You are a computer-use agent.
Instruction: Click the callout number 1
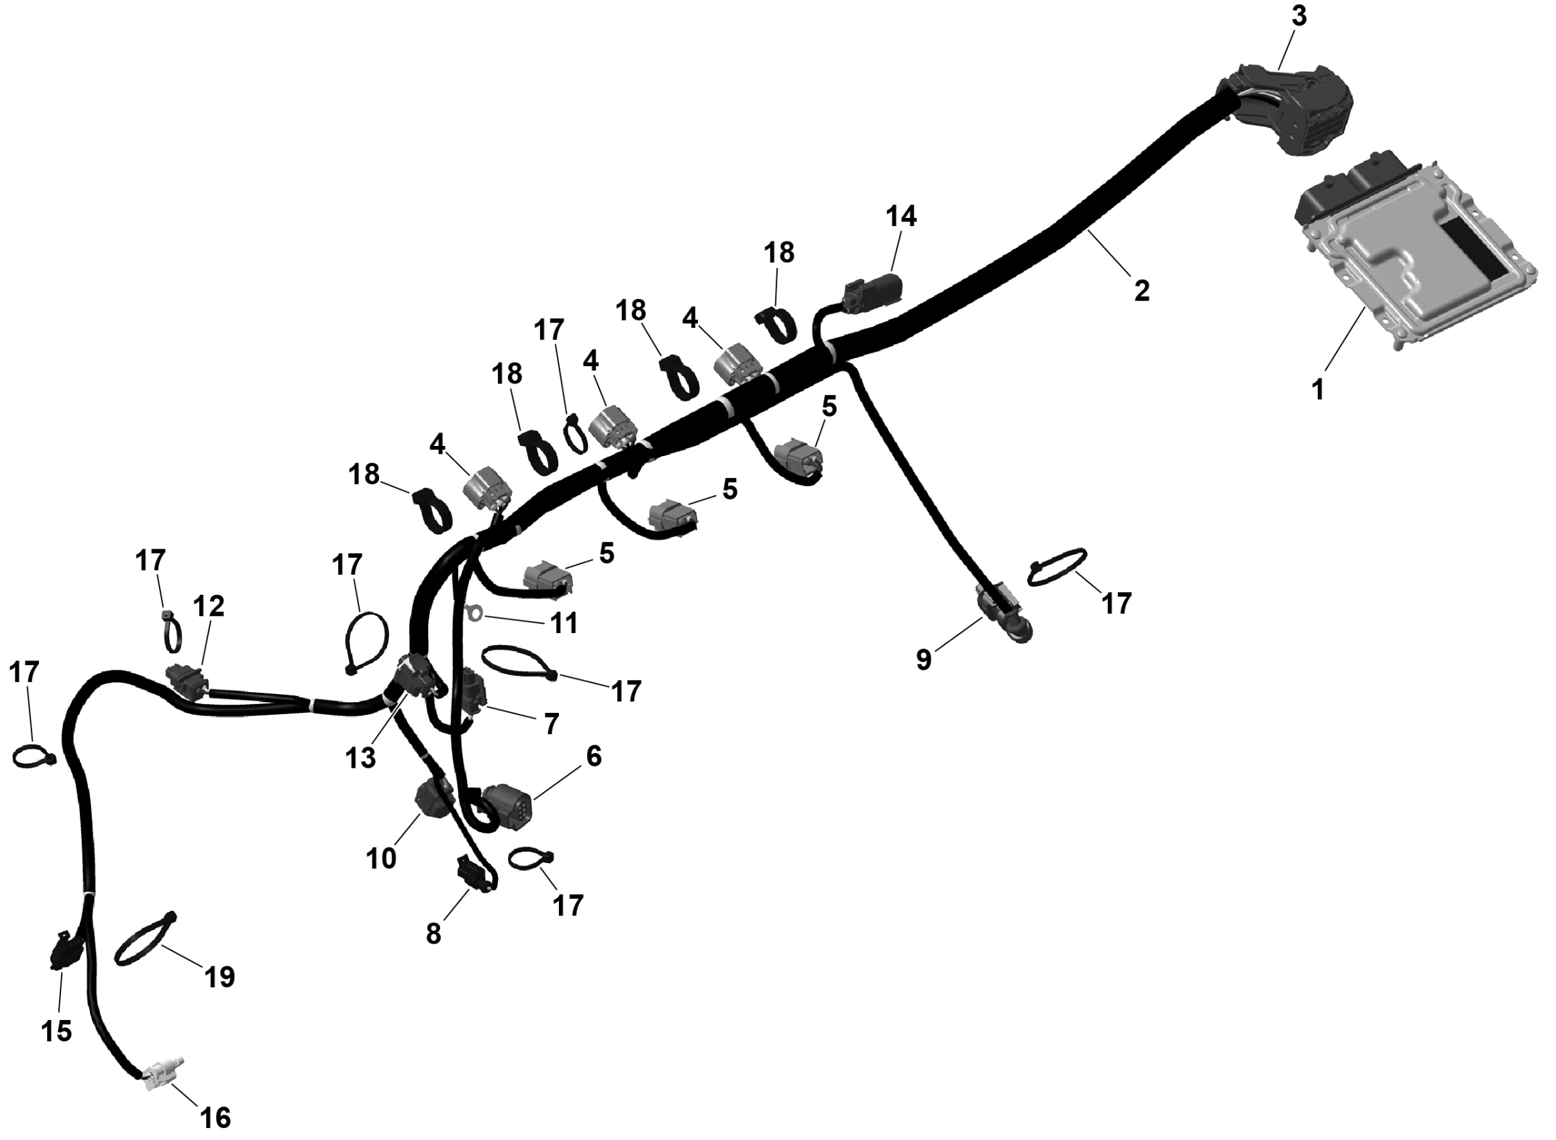pos(1318,390)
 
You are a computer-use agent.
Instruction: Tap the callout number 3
pos(1298,17)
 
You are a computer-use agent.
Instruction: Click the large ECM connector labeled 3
pos(1291,114)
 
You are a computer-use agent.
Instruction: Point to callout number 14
pos(901,216)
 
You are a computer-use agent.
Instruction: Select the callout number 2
pos(1142,290)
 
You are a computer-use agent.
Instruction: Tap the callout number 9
pos(924,660)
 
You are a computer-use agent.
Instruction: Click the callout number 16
pos(215,1117)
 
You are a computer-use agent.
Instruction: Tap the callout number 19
pos(219,976)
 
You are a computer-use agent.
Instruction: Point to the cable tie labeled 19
pos(144,941)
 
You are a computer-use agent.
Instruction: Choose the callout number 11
pos(564,623)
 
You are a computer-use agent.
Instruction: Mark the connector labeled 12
pos(187,681)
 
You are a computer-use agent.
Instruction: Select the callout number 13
pos(360,757)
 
